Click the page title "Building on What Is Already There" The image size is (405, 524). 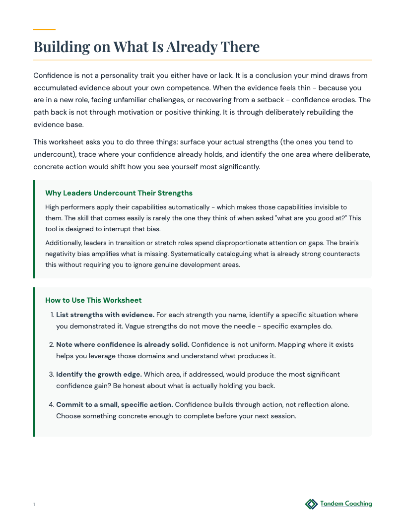[x=146, y=47]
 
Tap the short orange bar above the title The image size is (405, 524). [x=44, y=30]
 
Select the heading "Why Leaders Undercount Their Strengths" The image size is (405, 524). [x=119, y=193]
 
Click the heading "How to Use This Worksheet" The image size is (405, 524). [x=93, y=300]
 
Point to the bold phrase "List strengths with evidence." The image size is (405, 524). [x=105, y=315]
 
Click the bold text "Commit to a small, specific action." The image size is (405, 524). [x=115, y=404]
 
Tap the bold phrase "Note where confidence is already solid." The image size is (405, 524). [x=123, y=344]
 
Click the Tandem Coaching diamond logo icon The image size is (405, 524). [x=311, y=504]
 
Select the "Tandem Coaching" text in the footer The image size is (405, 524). [x=346, y=504]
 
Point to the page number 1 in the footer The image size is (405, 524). [x=34, y=505]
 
